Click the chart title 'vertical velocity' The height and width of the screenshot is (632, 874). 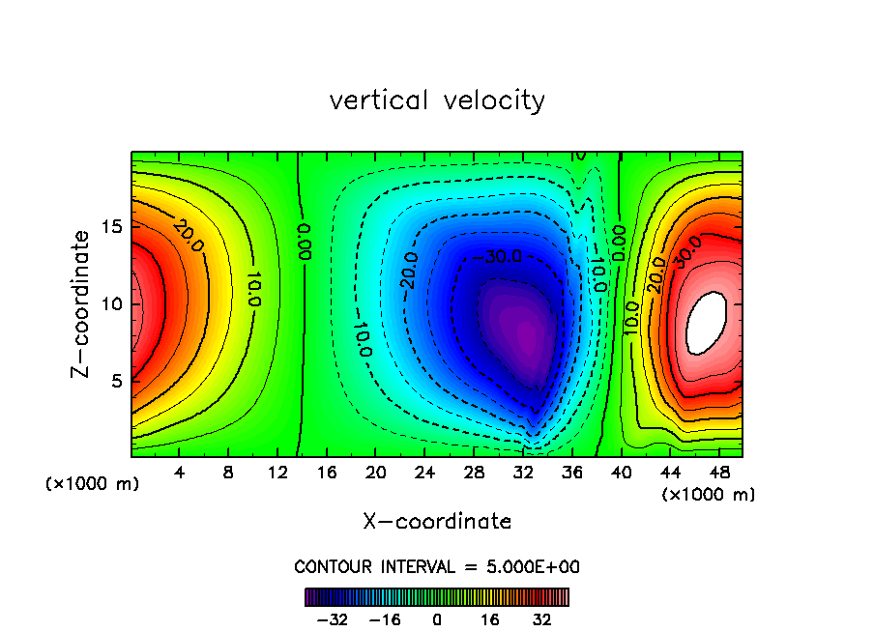[437, 101]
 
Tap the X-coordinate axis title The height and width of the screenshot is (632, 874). [437, 522]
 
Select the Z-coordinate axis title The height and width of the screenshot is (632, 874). [83, 303]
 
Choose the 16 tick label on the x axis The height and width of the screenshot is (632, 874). [327, 474]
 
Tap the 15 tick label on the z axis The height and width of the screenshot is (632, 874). [109, 227]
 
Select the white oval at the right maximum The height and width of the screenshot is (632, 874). [705, 323]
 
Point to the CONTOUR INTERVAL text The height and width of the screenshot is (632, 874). [437, 567]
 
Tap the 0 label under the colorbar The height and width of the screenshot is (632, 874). [437, 619]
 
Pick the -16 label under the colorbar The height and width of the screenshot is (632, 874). [386, 619]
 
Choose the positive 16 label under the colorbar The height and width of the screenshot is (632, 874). [490, 619]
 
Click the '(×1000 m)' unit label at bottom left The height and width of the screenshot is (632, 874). [93, 484]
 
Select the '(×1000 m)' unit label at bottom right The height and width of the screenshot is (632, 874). [709, 495]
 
